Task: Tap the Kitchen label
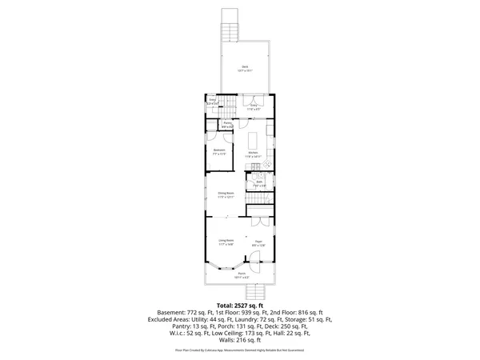click(x=254, y=154)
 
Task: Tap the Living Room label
click(x=226, y=242)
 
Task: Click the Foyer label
click(x=259, y=242)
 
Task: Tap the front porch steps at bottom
click(x=254, y=291)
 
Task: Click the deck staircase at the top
click(x=231, y=31)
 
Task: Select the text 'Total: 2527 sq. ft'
click(x=240, y=305)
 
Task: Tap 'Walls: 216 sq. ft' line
click(x=240, y=341)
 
